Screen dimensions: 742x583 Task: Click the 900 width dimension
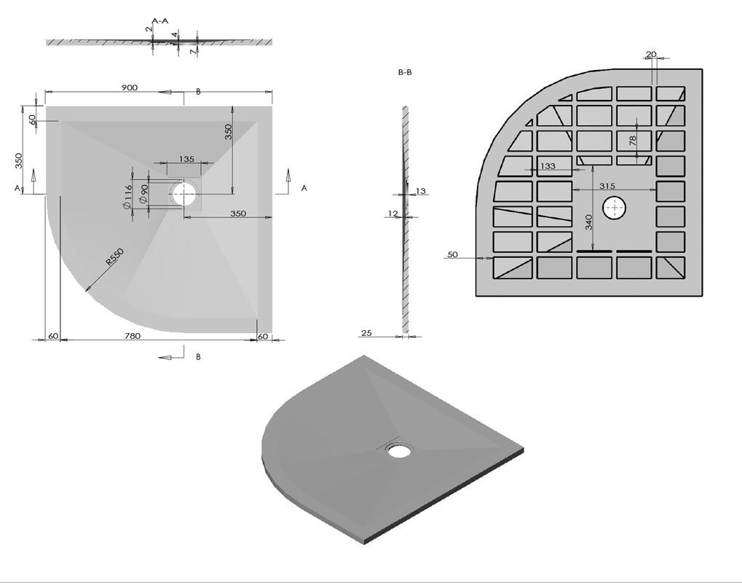[130, 87]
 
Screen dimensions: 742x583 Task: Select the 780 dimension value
[133, 336]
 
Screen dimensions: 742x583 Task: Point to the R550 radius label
[114, 257]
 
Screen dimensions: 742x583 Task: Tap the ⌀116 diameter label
[127, 197]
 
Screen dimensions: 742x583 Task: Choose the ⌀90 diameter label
[144, 194]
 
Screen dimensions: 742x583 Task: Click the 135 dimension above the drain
[186, 159]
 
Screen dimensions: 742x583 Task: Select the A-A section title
[160, 21]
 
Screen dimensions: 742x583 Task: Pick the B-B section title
[405, 72]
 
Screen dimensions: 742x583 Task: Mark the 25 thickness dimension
[366, 333]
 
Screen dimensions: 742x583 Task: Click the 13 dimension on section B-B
[421, 192]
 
